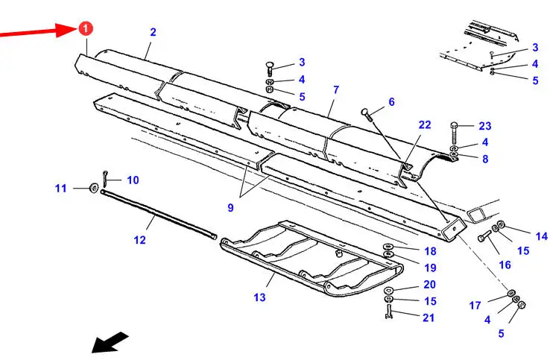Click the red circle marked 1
tap(85, 29)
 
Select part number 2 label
tap(153, 32)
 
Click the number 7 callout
tap(336, 90)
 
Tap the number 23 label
tap(485, 126)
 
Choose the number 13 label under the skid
tap(259, 298)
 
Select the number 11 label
tap(60, 189)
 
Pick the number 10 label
tap(132, 180)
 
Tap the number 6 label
tap(391, 102)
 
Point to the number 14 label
tap(541, 236)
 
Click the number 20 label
tap(429, 285)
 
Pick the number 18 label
tap(430, 252)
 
